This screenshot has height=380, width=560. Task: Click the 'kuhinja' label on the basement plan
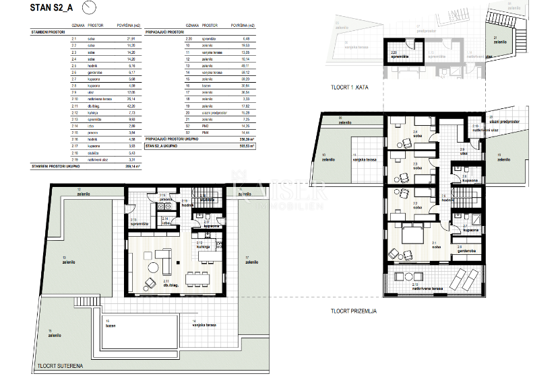[203, 247]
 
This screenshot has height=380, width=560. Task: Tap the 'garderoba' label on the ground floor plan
[469, 252]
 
